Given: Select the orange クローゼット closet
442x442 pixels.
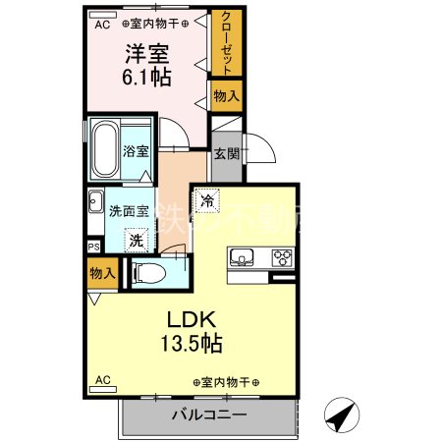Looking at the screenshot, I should tap(226, 43).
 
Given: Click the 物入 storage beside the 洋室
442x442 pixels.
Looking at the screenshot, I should tap(225, 94).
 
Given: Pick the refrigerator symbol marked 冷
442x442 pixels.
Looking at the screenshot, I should tap(208, 199).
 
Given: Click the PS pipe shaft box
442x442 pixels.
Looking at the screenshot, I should tap(93, 247).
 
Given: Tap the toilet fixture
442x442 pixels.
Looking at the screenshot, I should tap(152, 273).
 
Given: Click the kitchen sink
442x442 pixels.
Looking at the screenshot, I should tap(242, 258).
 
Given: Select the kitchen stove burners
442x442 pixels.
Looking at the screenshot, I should tap(282, 258).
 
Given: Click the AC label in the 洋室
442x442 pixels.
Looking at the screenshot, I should tap(103, 25).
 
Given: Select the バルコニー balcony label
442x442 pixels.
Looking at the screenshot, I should tap(208, 415).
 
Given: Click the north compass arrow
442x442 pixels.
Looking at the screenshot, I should tap(341, 415).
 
